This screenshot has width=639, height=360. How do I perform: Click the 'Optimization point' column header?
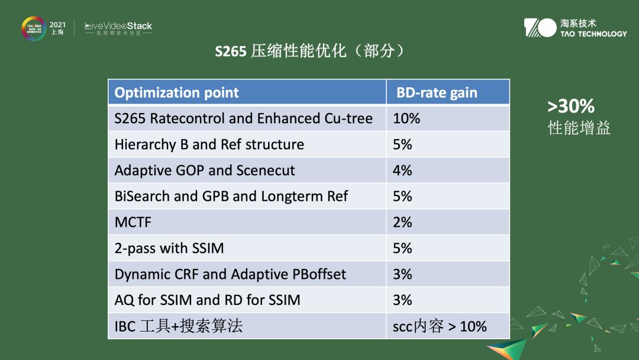click(x=176, y=93)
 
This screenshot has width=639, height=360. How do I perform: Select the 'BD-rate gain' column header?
click(x=437, y=93)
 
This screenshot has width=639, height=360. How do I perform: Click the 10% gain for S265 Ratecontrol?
click(x=406, y=118)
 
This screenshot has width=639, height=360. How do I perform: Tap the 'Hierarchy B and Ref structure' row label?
click(x=209, y=144)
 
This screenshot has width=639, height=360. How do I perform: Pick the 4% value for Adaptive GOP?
click(x=402, y=171)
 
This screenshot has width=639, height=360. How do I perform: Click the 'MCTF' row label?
click(x=133, y=223)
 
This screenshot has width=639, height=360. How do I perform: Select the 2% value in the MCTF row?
click(x=402, y=223)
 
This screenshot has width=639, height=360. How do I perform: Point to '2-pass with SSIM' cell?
click(x=169, y=249)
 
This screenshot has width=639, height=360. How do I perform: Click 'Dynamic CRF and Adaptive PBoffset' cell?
click(x=230, y=275)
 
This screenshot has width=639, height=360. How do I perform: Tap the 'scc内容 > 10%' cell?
click(x=440, y=326)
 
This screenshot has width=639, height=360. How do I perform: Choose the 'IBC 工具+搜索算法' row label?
click(x=178, y=326)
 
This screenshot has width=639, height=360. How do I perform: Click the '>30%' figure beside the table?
click(x=570, y=107)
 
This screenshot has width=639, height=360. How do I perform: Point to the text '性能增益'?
click(x=579, y=128)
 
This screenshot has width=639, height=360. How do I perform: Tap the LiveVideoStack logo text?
click(x=118, y=27)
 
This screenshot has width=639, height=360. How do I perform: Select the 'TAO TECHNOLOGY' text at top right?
click(x=593, y=34)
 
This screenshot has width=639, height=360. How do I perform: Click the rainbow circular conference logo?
click(x=34, y=28)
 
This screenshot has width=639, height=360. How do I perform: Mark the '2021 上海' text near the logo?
click(x=57, y=28)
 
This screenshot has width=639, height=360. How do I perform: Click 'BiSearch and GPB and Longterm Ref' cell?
click(x=231, y=197)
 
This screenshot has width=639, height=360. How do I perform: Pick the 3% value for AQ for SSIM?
click(x=402, y=300)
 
